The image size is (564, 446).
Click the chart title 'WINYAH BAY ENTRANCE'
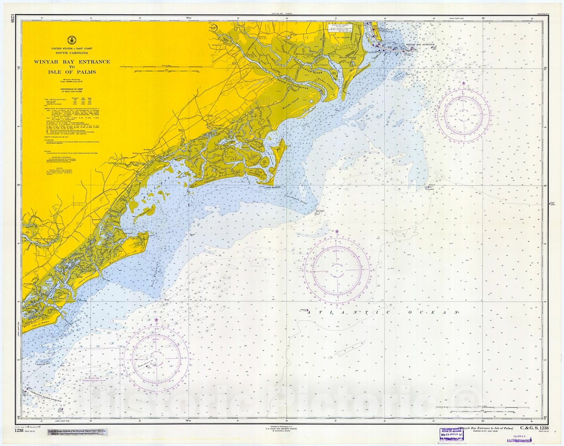(72, 62)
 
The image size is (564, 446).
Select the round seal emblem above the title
(72, 41)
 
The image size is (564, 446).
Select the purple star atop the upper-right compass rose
(463, 83)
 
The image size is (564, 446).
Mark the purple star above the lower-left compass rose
(156, 320)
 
